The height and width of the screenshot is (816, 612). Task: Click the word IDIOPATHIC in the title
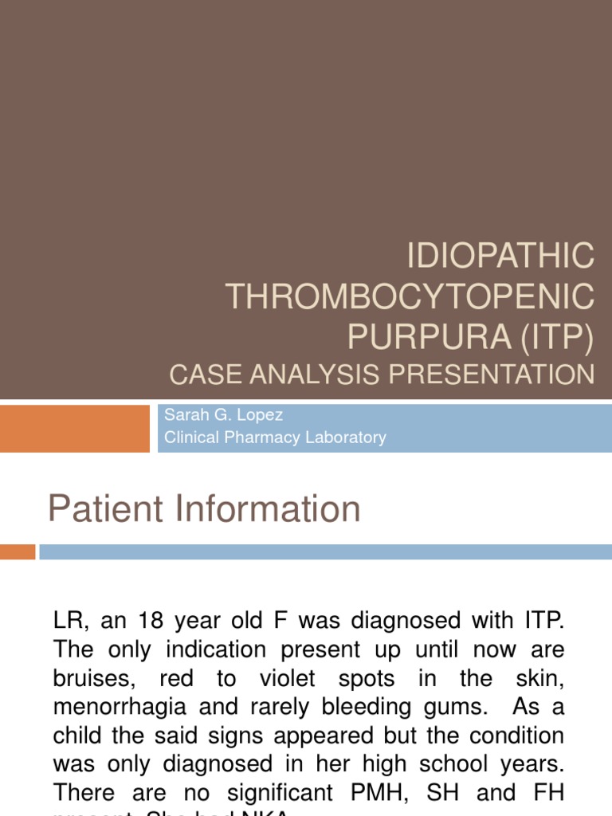(500, 257)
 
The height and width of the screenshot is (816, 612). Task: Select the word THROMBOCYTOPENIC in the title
(410, 297)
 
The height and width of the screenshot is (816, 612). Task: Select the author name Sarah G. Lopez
(222, 416)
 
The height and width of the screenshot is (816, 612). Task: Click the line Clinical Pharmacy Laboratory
(274, 437)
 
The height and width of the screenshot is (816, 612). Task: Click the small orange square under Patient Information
(18, 551)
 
